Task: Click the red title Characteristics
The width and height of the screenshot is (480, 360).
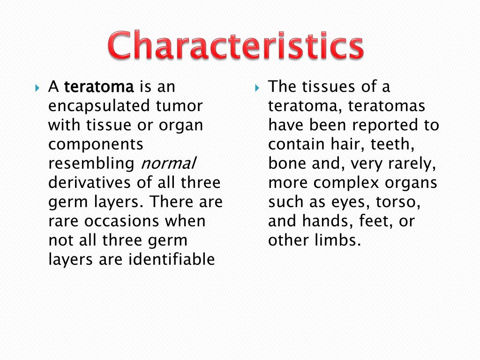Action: coord(236,46)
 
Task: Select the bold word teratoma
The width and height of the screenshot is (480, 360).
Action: coord(99,87)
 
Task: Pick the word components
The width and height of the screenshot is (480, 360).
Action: coord(96,144)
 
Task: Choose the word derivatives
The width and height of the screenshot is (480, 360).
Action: coord(90,182)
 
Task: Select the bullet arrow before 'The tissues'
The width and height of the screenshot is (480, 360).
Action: coord(257,88)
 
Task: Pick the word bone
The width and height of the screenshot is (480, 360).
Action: coord(285,164)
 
